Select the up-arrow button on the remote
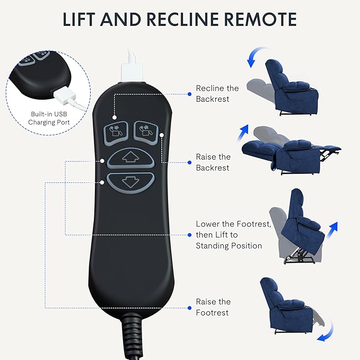(130, 157)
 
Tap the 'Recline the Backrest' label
(217, 94)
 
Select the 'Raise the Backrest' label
(213, 162)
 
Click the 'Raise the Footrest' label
(213, 307)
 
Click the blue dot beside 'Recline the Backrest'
(190, 94)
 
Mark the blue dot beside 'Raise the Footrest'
(190, 307)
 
